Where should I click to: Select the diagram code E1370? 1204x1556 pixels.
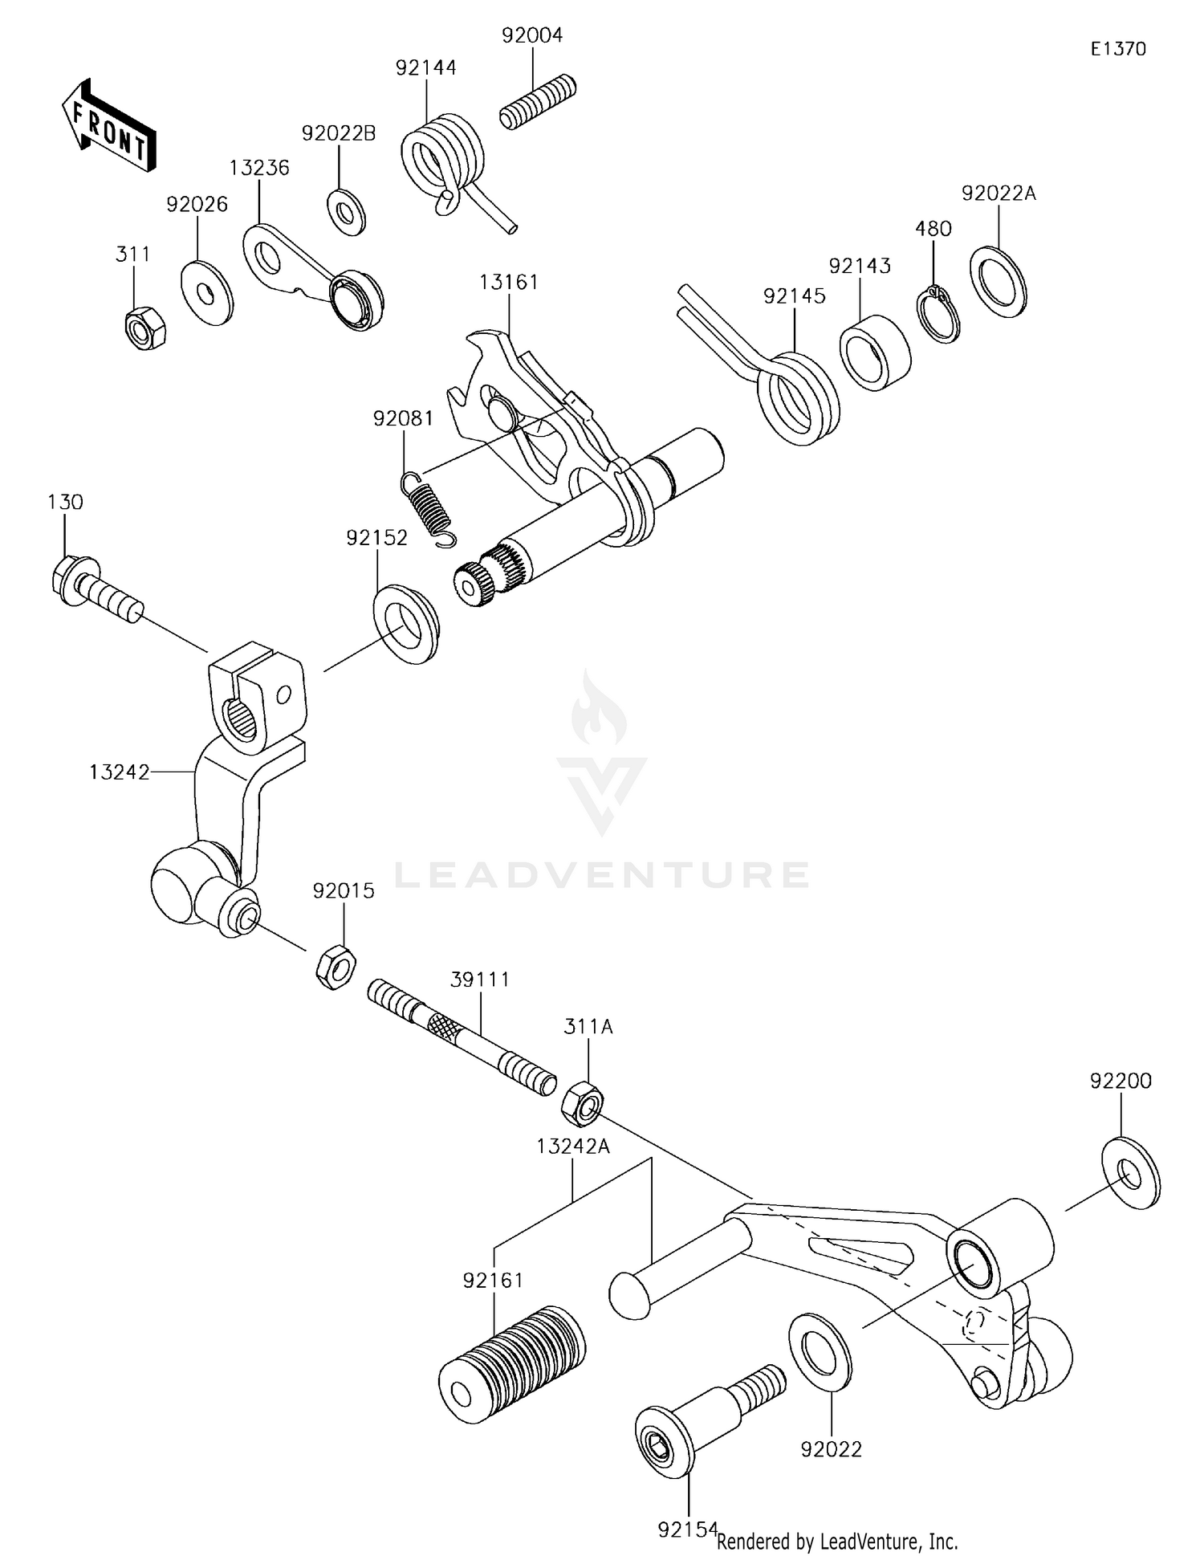pos(1117,49)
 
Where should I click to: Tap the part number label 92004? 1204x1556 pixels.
pos(532,35)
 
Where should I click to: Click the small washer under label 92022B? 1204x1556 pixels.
pos(346,213)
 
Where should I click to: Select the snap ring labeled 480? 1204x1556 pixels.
pos(937,315)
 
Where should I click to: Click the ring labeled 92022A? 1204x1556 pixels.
pos(999,283)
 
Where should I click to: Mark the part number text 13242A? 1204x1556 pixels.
pos(573,1147)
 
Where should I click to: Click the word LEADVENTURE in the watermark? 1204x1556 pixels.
pos(601,874)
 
